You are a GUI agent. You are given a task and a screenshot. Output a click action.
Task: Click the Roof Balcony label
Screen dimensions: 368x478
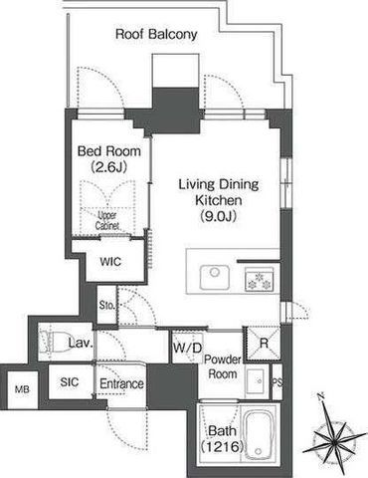[x=156, y=35]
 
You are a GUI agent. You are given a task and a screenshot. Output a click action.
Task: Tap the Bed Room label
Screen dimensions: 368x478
[x=109, y=151]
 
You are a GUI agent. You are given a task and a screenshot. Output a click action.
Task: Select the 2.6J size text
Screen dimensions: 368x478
[x=108, y=167]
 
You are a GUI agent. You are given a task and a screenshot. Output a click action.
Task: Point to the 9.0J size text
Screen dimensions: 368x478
[x=219, y=216]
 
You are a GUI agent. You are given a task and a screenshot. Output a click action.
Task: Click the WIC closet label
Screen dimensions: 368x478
[x=110, y=262]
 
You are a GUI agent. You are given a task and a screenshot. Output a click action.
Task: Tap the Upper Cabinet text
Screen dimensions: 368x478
[x=107, y=221]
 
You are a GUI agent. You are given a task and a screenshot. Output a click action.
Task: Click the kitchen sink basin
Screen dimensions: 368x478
[x=215, y=277]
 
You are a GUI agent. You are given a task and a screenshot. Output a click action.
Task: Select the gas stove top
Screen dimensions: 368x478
[x=260, y=280]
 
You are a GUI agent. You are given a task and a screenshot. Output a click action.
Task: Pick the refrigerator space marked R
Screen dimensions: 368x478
[x=264, y=344]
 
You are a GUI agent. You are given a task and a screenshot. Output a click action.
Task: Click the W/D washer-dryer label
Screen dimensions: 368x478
[x=187, y=348]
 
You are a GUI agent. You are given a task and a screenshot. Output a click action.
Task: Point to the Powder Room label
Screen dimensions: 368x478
[x=223, y=366]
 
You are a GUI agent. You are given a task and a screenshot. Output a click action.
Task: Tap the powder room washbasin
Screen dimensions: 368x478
[x=256, y=381]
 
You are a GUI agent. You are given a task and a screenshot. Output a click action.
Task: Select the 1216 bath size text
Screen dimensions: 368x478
[x=222, y=447]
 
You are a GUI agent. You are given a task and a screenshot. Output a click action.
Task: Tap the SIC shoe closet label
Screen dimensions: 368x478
[x=70, y=382]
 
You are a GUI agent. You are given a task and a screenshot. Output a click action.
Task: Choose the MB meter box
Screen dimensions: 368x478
[x=22, y=389]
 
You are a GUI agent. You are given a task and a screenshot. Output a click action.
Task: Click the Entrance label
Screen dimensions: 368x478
[x=121, y=383]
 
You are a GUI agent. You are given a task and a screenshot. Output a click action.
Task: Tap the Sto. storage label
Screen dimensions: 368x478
[x=107, y=305]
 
